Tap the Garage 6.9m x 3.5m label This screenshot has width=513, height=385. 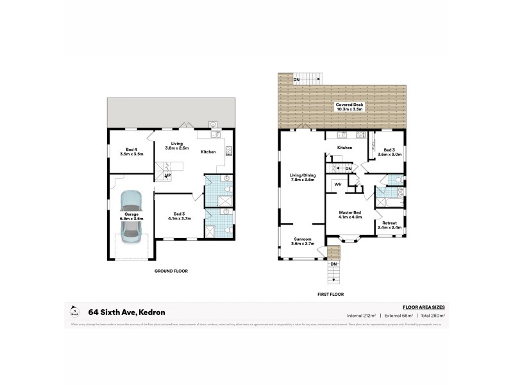(x=131, y=216)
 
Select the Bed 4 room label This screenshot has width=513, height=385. (x=131, y=152)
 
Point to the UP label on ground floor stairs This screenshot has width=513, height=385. (x=168, y=175)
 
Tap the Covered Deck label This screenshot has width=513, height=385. (x=349, y=107)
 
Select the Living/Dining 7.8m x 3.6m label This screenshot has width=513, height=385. (x=302, y=178)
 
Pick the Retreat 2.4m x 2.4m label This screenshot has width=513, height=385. (x=389, y=225)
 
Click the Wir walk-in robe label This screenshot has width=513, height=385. (x=337, y=184)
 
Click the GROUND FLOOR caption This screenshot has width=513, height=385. (x=171, y=271)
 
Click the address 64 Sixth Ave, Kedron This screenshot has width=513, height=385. (x=127, y=312)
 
